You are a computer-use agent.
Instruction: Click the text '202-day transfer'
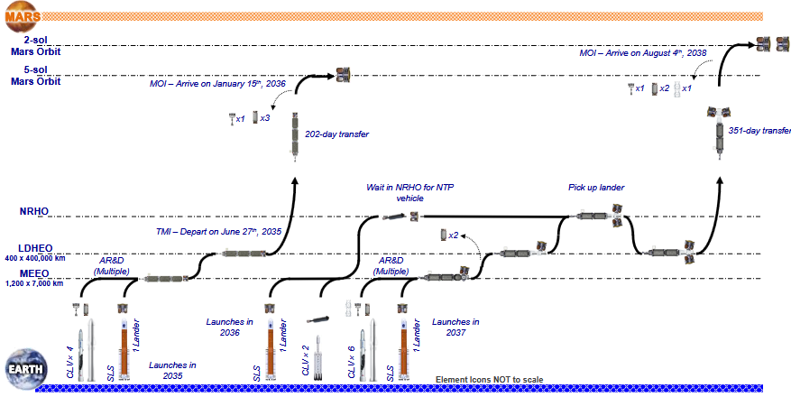pos(337,134)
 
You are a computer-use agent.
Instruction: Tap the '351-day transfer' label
pos(759,130)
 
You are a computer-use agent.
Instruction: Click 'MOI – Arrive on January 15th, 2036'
pos(218,84)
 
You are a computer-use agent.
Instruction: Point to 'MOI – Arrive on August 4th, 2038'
pos(642,53)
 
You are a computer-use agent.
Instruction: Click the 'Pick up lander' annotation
pos(596,188)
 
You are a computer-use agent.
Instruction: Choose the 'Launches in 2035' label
pos(173,370)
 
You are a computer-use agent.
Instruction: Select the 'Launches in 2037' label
pos(455,327)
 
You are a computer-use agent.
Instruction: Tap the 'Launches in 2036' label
pos(231,327)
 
